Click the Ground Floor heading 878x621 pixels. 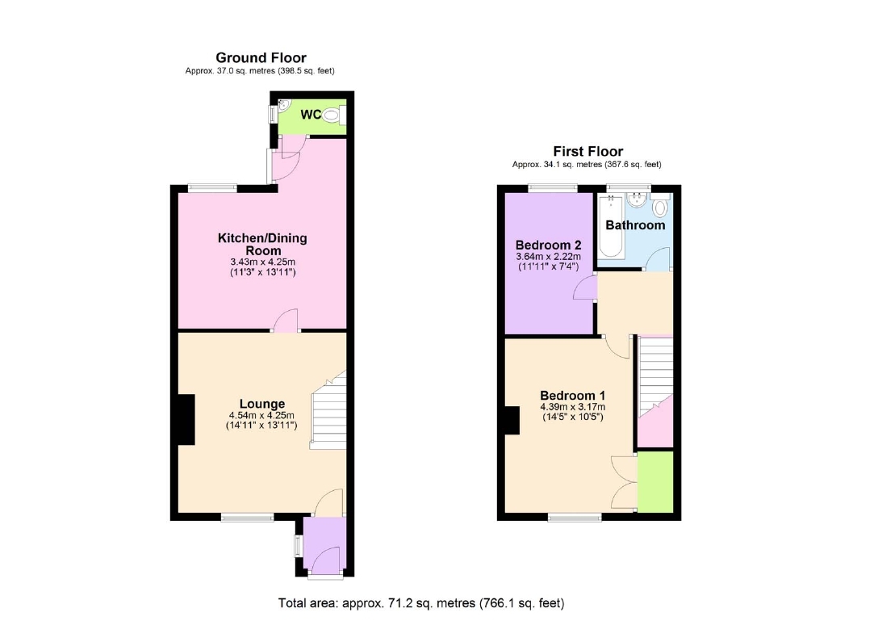point(261,57)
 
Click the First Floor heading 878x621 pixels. point(587,151)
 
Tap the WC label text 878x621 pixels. point(311,115)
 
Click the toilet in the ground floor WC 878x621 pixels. point(332,116)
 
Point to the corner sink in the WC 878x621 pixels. point(282,105)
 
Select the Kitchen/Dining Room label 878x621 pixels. point(262,244)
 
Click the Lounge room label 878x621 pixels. point(262,404)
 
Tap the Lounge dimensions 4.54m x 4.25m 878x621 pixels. point(262,417)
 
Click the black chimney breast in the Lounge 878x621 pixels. point(186,420)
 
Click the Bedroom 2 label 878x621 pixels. point(549,245)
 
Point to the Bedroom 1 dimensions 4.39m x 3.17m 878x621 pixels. point(572,407)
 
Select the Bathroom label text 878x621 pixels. point(635,225)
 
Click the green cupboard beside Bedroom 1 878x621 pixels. point(654,481)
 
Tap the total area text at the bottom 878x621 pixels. point(421,602)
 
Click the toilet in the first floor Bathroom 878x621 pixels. point(661,208)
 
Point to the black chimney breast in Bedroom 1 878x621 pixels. point(512,420)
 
